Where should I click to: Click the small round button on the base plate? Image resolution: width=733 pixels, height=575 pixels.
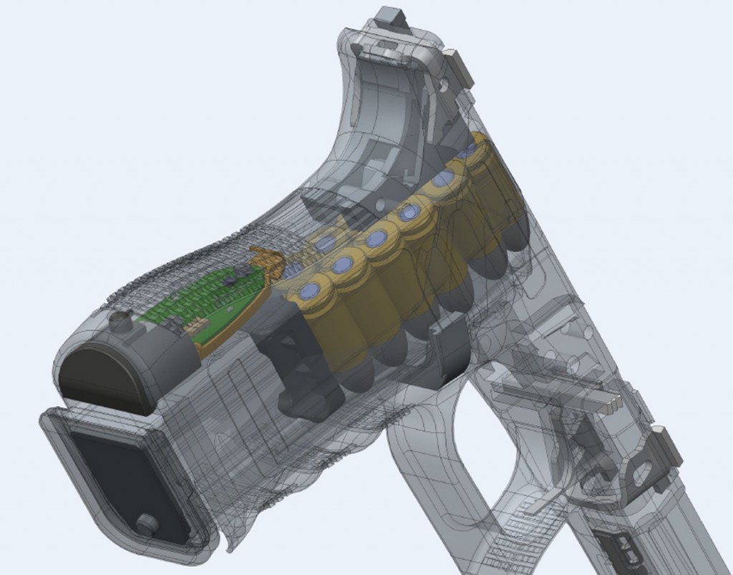(x=148, y=524)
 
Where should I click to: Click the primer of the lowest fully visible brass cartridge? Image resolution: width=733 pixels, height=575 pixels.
(x=310, y=291)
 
